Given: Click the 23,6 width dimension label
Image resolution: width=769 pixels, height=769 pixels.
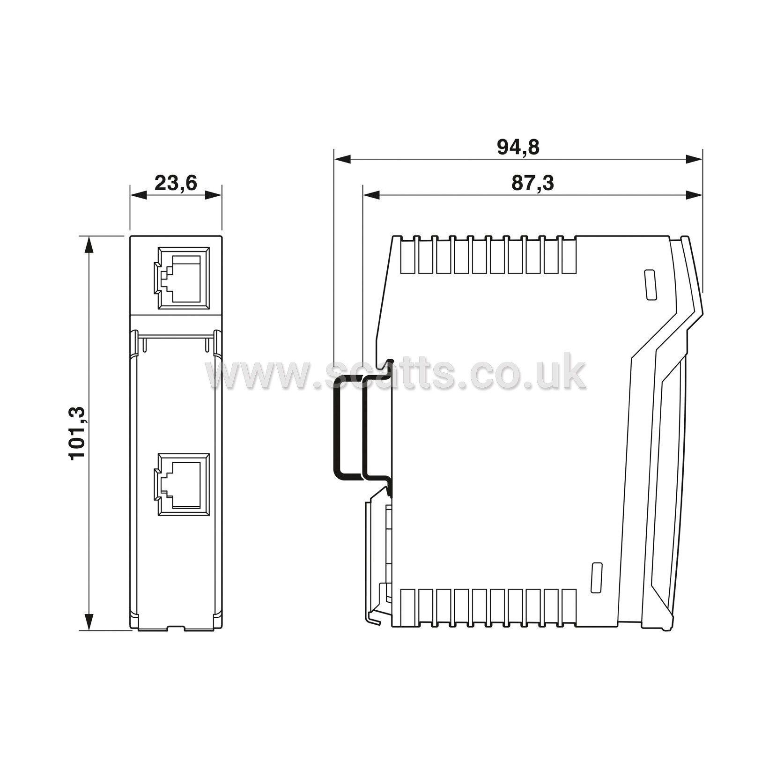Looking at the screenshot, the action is click(176, 183).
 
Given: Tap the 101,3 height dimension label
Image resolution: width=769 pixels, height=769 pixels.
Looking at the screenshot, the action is click(77, 433).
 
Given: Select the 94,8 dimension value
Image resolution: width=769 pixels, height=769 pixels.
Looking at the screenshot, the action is click(518, 147).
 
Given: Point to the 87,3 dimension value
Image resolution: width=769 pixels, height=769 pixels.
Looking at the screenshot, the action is click(532, 183).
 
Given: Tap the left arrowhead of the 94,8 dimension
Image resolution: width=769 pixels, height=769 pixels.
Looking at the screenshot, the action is click(342, 159).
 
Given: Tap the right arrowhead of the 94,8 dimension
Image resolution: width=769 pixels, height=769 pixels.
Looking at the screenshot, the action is click(694, 159).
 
